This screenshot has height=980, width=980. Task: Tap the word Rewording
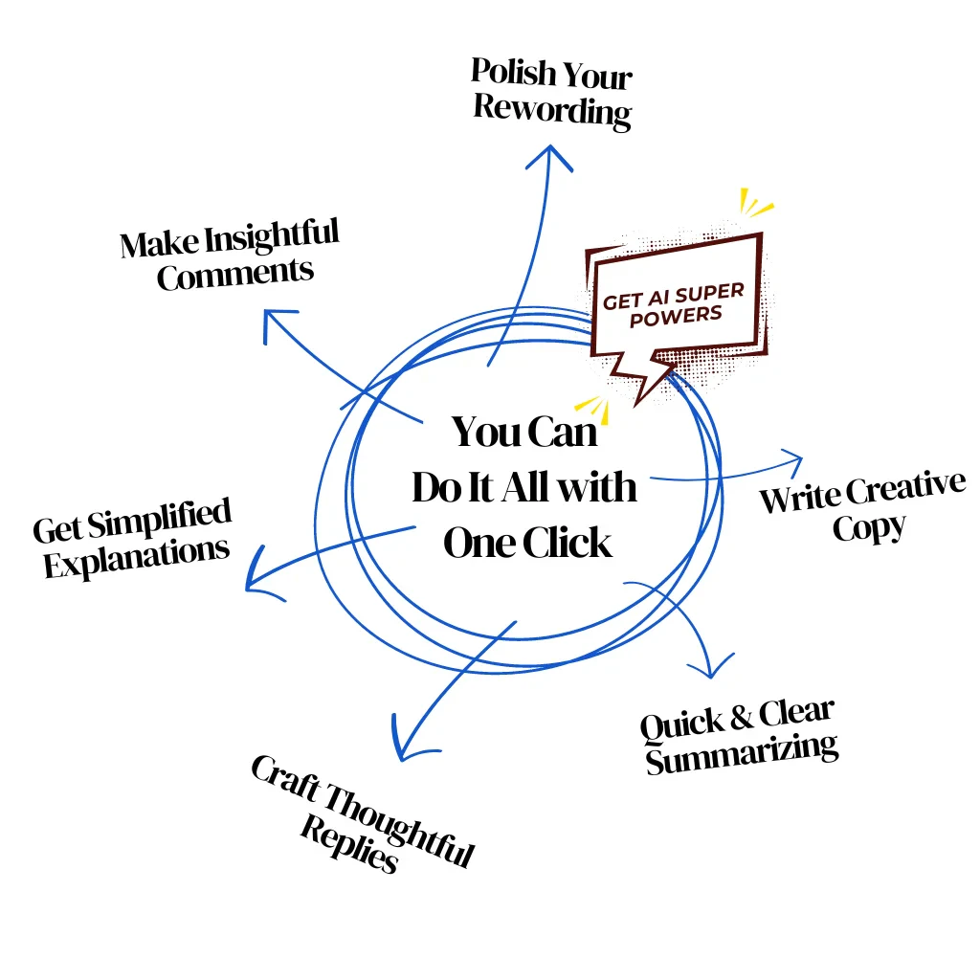(x=552, y=110)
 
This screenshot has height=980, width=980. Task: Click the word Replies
(x=348, y=842)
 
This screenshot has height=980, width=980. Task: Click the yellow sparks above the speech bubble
(x=755, y=203)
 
